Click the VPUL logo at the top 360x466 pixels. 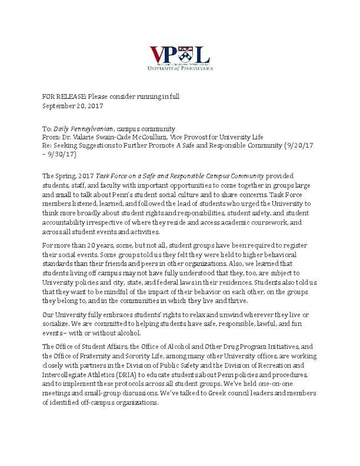pyautogui.click(x=180, y=58)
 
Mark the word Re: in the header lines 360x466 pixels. pyautogui.click(x=47, y=145)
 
